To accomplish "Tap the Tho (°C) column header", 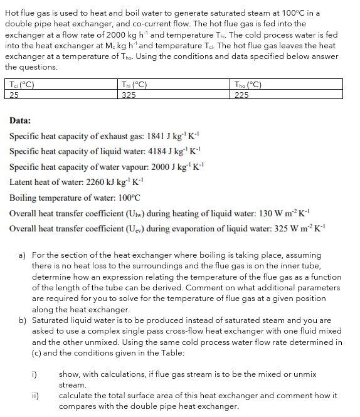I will click(248, 85).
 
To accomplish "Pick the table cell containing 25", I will click(13, 95).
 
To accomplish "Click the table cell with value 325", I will click(129, 95).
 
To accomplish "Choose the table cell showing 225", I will click(241, 95).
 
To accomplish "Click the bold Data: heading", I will click(20, 120).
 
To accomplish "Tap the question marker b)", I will click(22, 320).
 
